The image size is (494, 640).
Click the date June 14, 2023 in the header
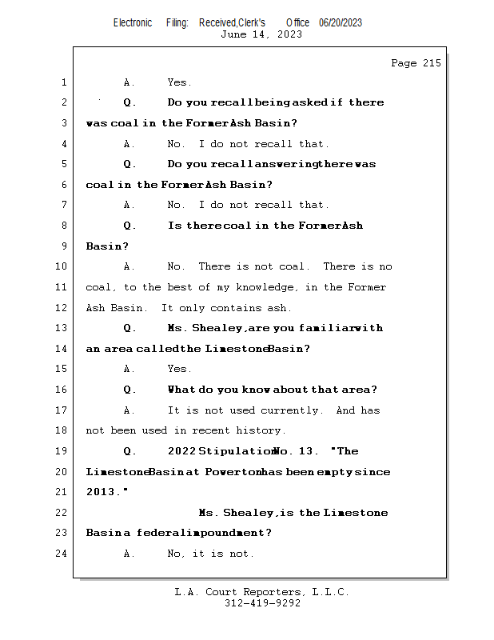(261, 34)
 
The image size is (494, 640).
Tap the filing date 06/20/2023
(341, 22)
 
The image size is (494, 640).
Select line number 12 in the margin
(62, 308)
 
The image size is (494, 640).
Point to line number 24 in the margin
(62, 554)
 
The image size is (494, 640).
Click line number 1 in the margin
(63, 82)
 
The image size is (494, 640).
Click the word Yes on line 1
(178, 82)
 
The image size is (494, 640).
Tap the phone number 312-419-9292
(262, 603)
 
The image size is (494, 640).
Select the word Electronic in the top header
(133, 22)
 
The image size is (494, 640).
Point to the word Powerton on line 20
(236, 472)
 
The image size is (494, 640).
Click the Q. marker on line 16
(130, 390)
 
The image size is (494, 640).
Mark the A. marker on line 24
(129, 554)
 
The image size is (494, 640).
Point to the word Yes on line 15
(178, 370)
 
